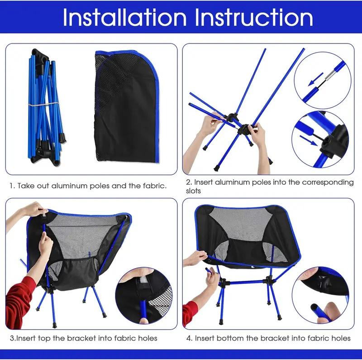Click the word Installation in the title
(x=124, y=18)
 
